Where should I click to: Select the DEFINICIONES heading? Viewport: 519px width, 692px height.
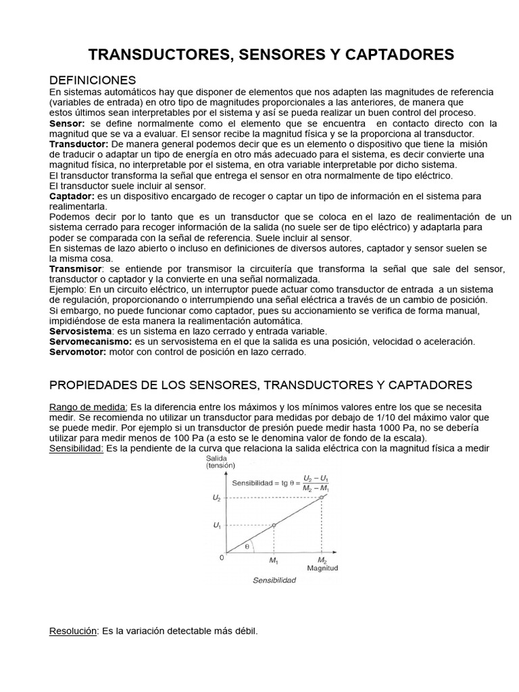click(93, 80)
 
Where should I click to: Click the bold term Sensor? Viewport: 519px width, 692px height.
click(67, 124)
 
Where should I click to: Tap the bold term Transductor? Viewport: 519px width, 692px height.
click(79, 145)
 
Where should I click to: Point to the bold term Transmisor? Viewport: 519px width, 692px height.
click(75, 268)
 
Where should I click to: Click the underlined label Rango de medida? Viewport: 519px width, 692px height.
click(88, 407)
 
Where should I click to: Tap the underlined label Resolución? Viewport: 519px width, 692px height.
click(74, 631)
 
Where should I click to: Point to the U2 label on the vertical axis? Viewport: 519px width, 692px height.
click(216, 497)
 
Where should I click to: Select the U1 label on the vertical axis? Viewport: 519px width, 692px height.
click(216, 525)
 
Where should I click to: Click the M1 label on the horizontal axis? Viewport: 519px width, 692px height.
click(274, 561)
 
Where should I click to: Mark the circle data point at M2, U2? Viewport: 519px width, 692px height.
click(322, 497)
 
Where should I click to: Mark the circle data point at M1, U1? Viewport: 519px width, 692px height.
click(274, 525)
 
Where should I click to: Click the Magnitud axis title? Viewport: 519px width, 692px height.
click(322, 568)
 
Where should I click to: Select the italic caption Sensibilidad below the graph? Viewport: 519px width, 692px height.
click(274, 580)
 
